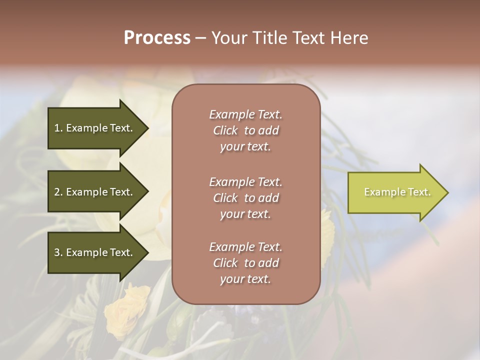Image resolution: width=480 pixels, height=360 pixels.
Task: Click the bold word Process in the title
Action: coord(157,38)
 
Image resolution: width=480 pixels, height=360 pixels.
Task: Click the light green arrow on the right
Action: coord(395,192)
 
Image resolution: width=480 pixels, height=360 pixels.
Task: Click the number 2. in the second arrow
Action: coord(58,192)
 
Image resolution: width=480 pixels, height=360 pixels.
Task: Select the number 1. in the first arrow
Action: coord(58,128)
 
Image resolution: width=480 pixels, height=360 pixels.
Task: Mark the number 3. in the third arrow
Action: coord(58,252)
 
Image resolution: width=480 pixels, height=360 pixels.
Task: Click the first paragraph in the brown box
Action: coord(245,130)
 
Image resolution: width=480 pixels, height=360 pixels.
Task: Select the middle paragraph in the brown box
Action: coord(245,198)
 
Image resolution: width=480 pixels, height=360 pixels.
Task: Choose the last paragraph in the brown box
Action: coord(245,263)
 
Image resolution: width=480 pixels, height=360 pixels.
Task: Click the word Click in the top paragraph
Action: coord(225,130)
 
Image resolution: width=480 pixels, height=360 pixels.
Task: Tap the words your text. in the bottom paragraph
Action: coord(245,279)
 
